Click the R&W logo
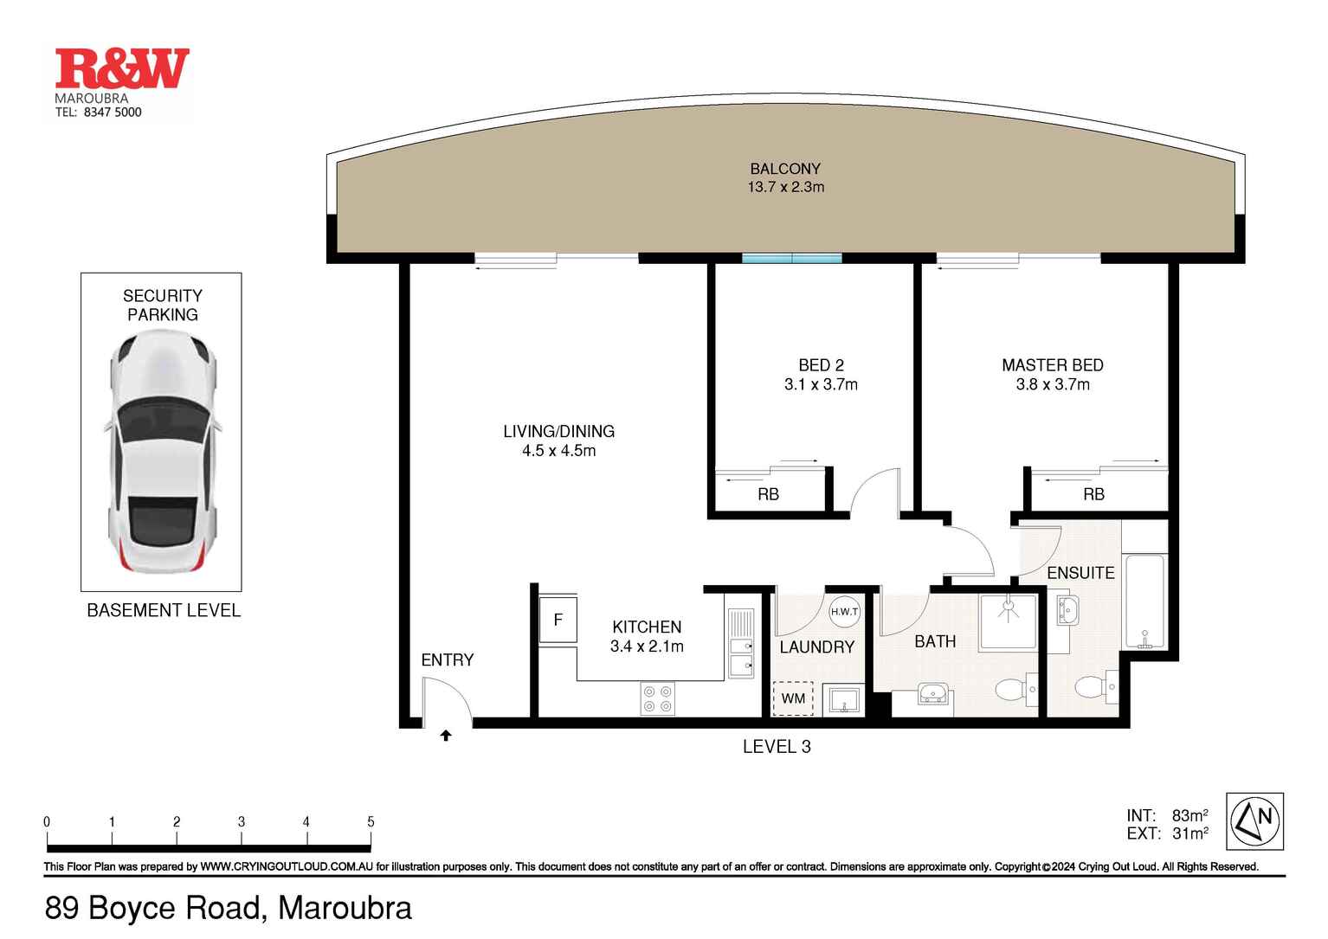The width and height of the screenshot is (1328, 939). point(122,68)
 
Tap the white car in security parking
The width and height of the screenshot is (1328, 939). point(163,452)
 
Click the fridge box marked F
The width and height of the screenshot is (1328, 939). point(558,620)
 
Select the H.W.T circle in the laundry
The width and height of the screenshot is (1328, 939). point(844,612)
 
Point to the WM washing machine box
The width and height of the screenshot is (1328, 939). point(793,698)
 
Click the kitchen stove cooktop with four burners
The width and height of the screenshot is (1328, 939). point(657,698)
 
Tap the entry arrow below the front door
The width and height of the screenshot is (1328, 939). point(446,736)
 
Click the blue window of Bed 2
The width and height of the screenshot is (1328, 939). point(792,258)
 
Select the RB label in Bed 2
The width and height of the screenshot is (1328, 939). point(769,494)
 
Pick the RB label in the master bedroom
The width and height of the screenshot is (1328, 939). point(1093,494)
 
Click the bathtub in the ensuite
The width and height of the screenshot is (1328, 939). point(1144,601)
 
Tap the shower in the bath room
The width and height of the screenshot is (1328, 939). point(1008,622)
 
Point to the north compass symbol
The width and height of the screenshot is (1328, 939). point(1255,821)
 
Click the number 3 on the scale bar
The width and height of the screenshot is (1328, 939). point(242,821)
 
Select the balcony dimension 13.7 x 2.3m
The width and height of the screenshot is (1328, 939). point(785,187)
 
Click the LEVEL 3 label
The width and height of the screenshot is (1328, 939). point(777,747)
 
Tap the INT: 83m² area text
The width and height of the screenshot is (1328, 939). point(1167,816)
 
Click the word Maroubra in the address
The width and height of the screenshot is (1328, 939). point(345,908)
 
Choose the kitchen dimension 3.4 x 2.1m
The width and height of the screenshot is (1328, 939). point(647,646)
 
